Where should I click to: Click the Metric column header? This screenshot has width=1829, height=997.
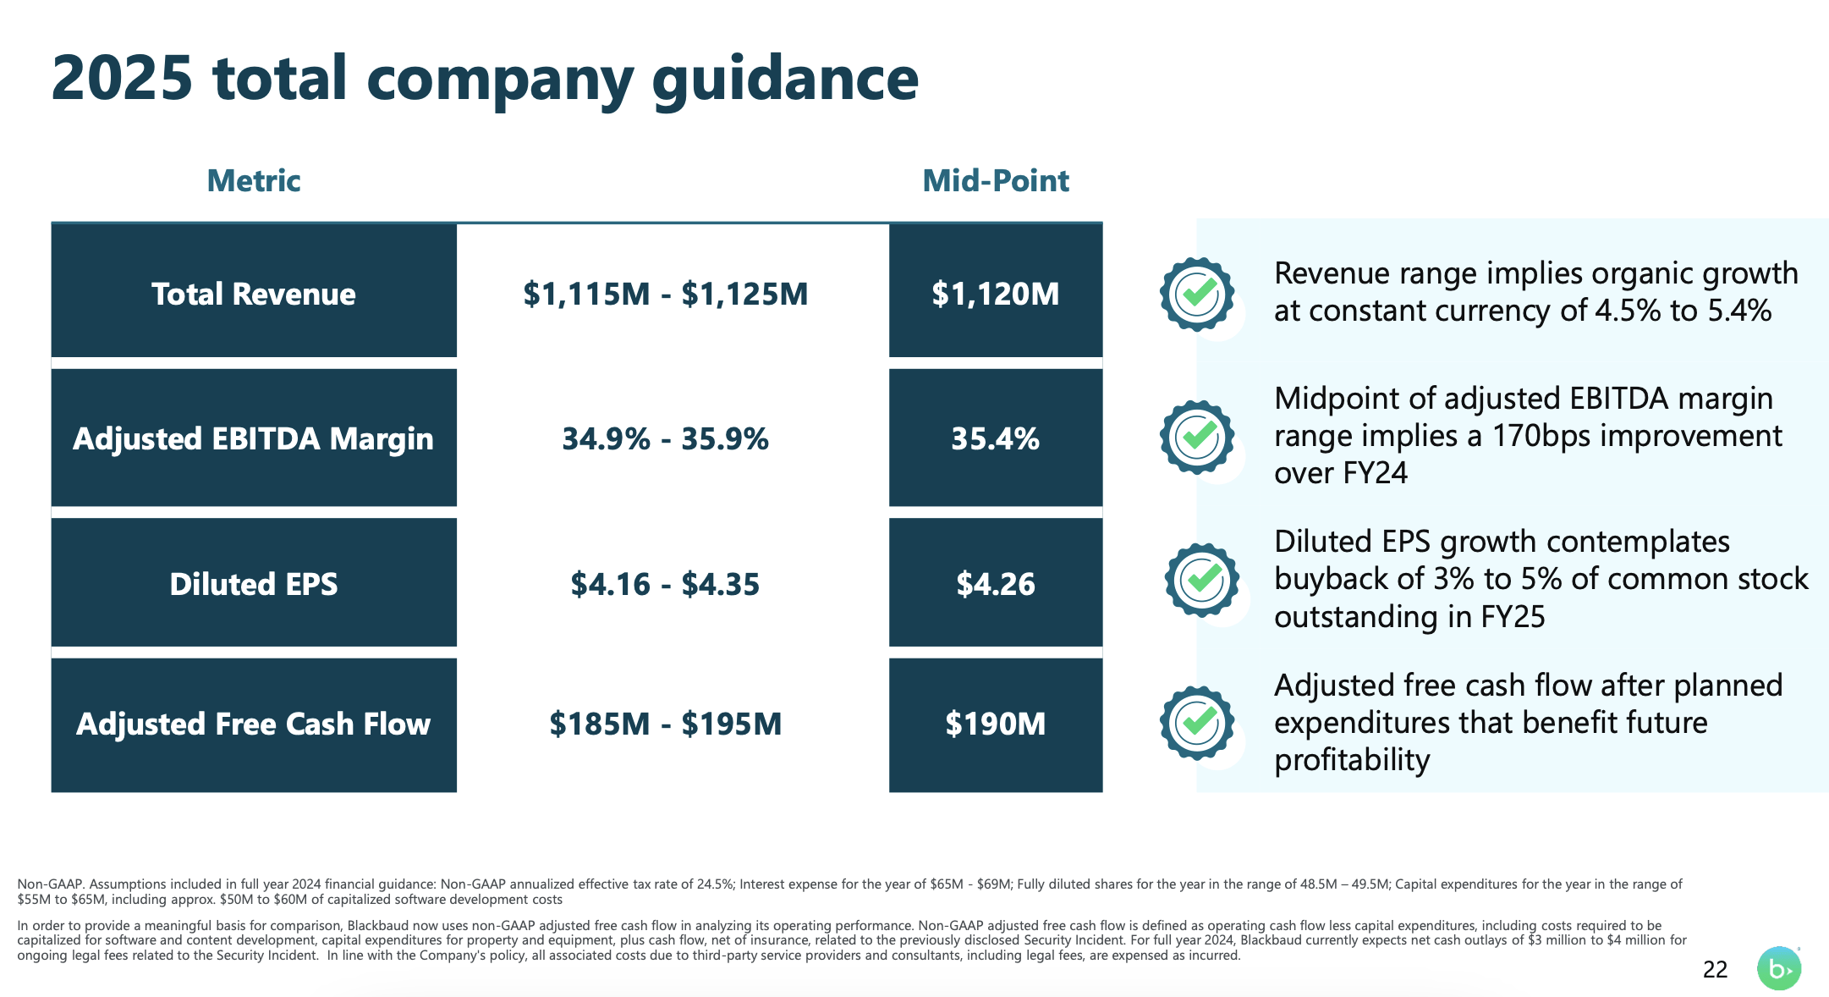pyautogui.click(x=254, y=180)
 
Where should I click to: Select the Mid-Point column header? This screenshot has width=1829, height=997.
pyautogui.click(x=995, y=180)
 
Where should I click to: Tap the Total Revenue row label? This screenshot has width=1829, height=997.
pyautogui.click(x=254, y=294)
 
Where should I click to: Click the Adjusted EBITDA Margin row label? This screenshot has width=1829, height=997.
pyautogui.click(x=254, y=438)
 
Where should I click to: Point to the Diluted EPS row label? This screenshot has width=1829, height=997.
pyautogui.click(x=254, y=584)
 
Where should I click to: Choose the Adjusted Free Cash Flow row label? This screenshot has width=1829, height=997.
pyautogui.click(x=254, y=724)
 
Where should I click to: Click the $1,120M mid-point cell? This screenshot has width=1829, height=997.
pyautogui.click(x=995, y=294)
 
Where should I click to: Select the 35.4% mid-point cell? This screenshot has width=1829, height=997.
pyautogui.click(x=995, y=438)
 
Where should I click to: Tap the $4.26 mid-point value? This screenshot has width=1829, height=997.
pyautogui.click(x=995, y=584)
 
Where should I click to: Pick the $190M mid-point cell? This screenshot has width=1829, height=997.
pyautogui.click(x=995, y=724)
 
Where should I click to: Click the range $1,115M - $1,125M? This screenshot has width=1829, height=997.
pyautogui.click(x=665, y=294)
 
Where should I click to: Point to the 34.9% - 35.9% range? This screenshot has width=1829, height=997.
pyautogui.click(x=665, y=438)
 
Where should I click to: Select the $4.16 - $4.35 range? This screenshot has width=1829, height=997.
pyautogui.click(x=665, y=584)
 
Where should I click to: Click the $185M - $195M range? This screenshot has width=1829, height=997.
pyautogui.click(x=665, y=724)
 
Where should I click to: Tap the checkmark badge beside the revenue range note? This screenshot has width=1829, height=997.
pyautogui.click(x=1197, y=294)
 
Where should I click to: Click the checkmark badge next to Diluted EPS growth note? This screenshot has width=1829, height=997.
pyautogui.click(x=1201, y=580)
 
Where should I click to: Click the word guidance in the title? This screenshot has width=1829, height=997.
pyautogui.click(x=785, y=79)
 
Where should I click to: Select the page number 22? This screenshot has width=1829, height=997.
pyautogui.click(x=1715, y=969)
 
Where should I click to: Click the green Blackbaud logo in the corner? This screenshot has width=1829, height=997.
pyautogui.click(x=1778, y=968)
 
